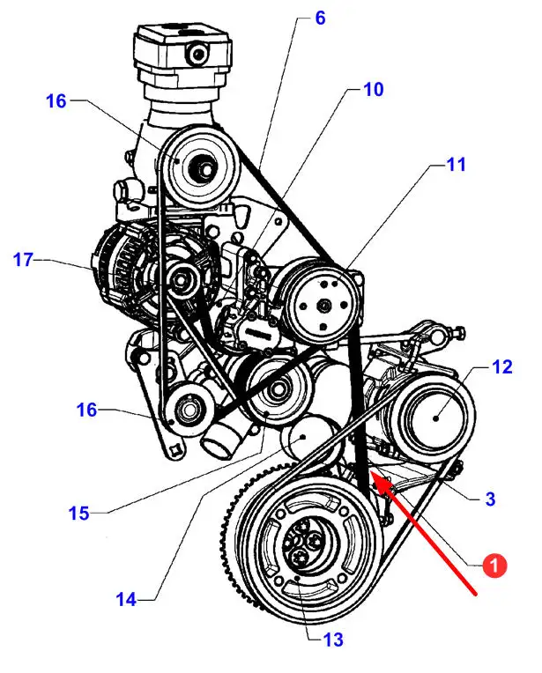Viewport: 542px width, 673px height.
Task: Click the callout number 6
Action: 320,18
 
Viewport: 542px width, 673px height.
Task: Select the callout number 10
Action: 373,90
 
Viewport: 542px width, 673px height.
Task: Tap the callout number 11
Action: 457,165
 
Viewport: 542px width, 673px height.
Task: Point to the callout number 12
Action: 502,367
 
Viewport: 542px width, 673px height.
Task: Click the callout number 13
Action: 333,640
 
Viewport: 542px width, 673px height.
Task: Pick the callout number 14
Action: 126,599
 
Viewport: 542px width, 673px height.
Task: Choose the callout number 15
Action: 79,513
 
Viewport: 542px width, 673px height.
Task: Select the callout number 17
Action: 23,260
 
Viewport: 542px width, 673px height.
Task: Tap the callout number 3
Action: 490,499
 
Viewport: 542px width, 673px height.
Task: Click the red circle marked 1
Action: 494,566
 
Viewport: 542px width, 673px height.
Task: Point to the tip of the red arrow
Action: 372,471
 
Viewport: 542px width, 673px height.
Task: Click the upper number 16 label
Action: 56,101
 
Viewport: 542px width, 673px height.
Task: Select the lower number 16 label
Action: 86,410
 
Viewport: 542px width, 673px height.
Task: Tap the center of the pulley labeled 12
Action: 435,417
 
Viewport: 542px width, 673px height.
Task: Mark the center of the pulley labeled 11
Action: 324,306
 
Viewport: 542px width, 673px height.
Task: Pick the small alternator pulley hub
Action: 182,281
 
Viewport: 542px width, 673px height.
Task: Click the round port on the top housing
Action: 198,54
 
